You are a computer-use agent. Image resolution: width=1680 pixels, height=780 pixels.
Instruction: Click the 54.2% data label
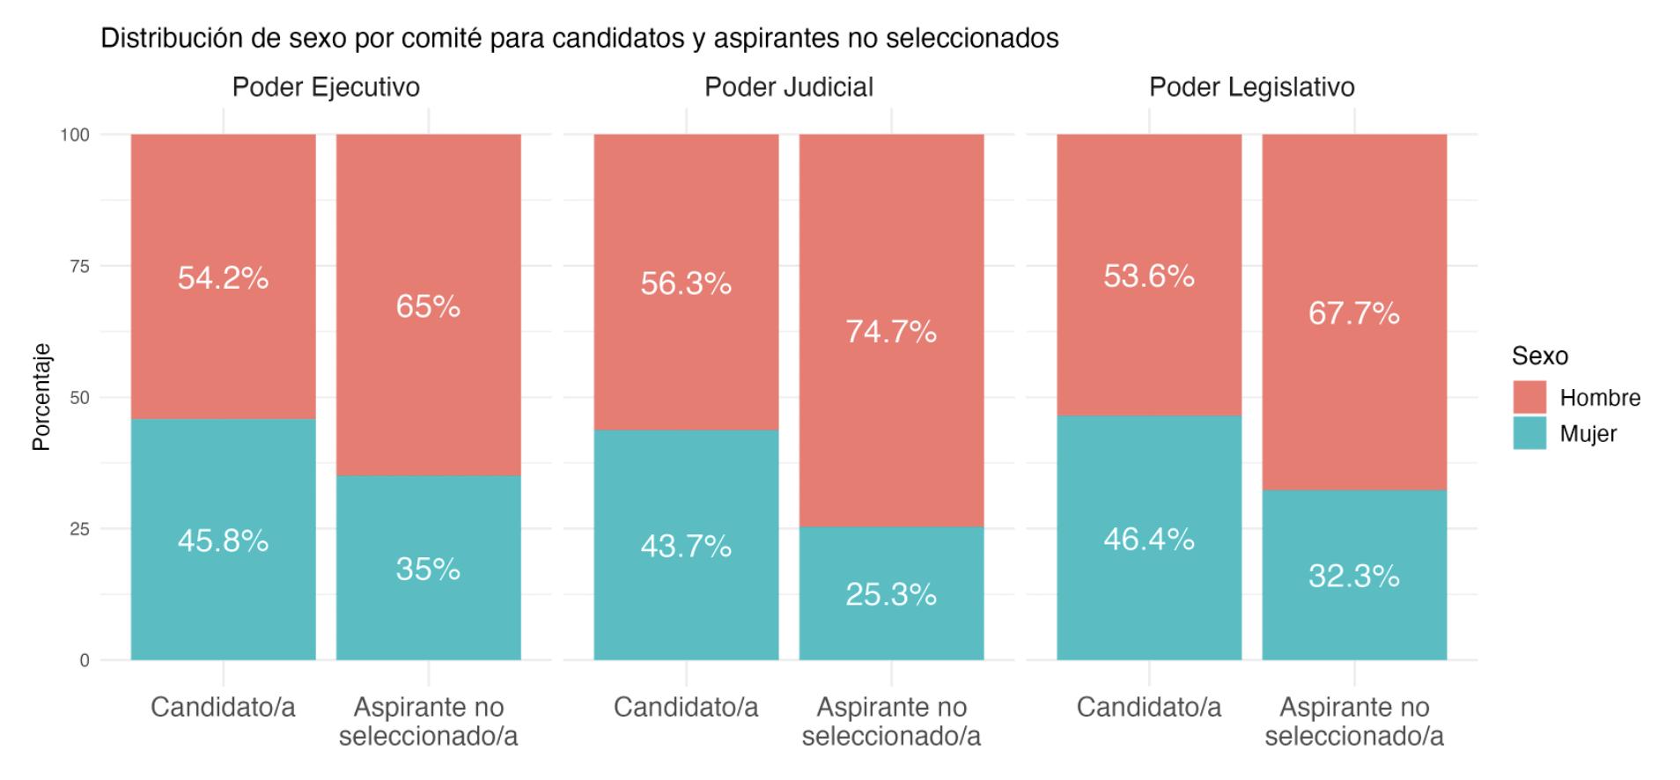click(223, 278)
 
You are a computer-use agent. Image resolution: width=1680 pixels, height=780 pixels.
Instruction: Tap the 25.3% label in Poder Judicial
click(891, 595)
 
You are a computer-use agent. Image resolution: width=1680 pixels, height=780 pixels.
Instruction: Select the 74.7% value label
click(891, 332)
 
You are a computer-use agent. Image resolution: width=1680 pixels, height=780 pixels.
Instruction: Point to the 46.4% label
click(1149, 540)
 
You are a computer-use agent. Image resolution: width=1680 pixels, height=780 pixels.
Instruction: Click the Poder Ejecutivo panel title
click(326, 87)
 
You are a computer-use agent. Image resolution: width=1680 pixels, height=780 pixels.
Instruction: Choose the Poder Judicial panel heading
click(789, 87)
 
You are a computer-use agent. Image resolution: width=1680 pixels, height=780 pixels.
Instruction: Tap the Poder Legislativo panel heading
click(1251, 87)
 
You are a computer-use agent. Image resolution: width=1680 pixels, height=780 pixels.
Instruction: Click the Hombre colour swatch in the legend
click(1529, 397)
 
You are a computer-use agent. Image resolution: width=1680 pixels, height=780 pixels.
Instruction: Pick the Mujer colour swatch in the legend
click(1529, 433)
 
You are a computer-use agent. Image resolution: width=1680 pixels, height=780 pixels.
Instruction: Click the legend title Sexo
click(1540, 356)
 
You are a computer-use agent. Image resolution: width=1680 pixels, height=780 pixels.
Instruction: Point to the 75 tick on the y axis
click(79, 267)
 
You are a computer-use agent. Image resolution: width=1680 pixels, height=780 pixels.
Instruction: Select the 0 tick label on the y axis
click(85, 660)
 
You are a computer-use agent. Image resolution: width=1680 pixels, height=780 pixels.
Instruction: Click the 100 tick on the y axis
click(75, 135)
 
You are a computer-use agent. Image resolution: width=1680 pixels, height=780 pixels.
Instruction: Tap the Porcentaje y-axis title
click(41, 397)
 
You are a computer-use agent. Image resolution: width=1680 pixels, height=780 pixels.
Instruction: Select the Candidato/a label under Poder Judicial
click(686, 707)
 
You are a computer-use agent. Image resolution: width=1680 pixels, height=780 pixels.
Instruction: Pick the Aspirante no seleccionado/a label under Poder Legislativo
click(1354, 721)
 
